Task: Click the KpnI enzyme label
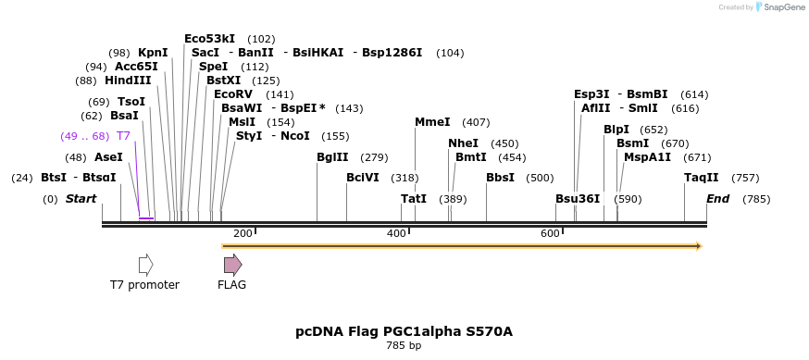(153, 53)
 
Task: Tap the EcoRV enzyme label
(232, 94)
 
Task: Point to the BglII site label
(332, 157)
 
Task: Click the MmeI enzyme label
(432, 122)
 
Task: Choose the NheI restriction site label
(464, 143)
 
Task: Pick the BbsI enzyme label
(500, 178)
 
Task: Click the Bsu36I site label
(578, 199)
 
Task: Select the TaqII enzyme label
(702, 178)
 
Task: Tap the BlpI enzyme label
(616, 130)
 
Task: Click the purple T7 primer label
(123, 136)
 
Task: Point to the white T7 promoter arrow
(145, 265)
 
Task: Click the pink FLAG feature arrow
(232, 265)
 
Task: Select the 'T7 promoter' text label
(144, 285)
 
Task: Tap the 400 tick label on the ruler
(396, 233)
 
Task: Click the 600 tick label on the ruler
(549, 233)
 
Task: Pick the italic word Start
(81, 199)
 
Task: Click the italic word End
(717, 199)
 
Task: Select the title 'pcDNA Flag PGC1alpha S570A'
(404, 330)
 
